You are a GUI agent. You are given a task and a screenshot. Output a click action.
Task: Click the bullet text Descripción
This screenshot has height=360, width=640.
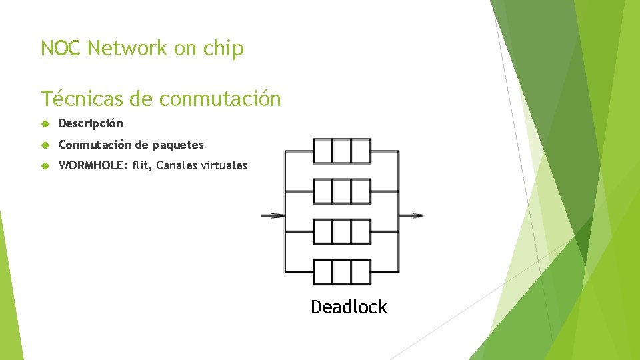pyautogui.click(x=91, y=123)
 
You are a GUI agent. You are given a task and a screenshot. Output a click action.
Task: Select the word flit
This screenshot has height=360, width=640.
pyautogui.click(x=141, y=165)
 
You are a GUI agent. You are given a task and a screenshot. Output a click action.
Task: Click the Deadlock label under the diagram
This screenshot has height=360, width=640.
pyautogui.click(x=349, y=307)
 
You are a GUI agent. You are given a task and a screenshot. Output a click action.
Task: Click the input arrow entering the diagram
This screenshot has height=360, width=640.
pyautogui.click(x=272, y=215)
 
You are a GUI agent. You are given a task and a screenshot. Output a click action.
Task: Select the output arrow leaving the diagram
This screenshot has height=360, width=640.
pyautogui.click(x=411, y=215)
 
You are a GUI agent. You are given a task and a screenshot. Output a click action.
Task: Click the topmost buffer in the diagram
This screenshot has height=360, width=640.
pyautogui.click(x=341, y=151)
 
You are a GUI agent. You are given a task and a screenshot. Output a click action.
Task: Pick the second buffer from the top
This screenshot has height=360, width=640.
pyautogui.click(x=341, y=191)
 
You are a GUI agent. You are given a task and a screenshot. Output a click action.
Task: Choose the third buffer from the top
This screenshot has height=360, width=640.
pyautogui.click(x=341, y=232)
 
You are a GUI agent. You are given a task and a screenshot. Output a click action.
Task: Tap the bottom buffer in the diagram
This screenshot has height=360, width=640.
pyautogui.click(x=341, y=272)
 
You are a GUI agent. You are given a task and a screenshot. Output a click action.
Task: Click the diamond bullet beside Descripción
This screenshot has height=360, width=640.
pyautogui.click(x=45, y=124)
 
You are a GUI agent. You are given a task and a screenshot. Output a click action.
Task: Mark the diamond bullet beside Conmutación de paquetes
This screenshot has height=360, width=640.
pyautogui.click(x=45, y=145)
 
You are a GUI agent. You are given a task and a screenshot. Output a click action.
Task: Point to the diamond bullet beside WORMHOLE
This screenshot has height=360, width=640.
pyautogui.click(x=45, y=166)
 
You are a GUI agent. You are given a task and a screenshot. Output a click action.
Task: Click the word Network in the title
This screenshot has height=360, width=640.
pyautogui.click(x=128, y=49)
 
